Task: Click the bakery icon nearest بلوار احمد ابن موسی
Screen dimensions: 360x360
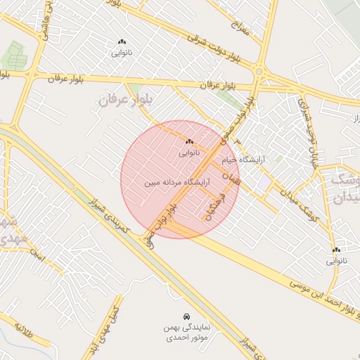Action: [x=336, y=250]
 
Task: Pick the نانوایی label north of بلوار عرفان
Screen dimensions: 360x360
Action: [x=122, y=53]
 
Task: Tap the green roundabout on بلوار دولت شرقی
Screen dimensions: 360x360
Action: [x=259, y=71]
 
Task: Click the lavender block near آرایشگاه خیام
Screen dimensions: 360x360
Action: [x=263, y=181]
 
